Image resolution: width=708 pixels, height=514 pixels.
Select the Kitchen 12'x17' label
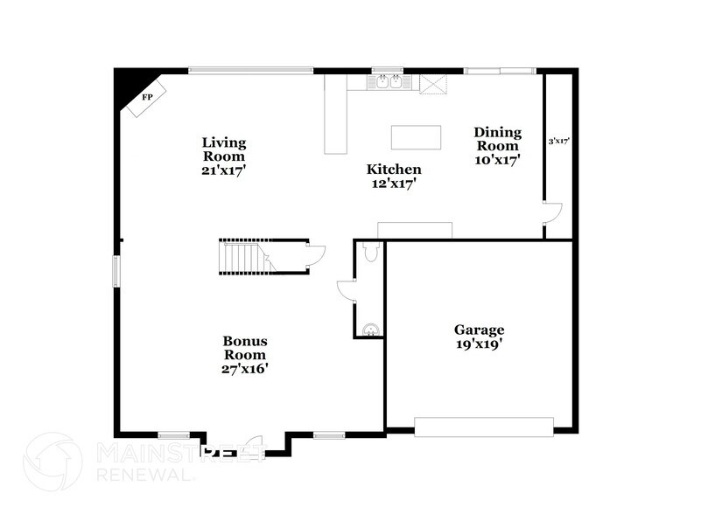click(394, 177)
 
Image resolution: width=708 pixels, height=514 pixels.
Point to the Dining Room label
click(497, 146)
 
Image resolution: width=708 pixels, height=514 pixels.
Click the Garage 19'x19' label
click(479, 337)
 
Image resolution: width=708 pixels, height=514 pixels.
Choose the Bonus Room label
click(244, 354)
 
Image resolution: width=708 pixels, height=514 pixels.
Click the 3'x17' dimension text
click(559, 140)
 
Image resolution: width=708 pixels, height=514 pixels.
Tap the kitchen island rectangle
click(417, 138)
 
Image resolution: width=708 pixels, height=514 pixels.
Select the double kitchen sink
click(388, 83)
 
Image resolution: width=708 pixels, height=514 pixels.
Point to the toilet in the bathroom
click(370, 252)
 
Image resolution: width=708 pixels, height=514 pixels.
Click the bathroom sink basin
click(371, 330)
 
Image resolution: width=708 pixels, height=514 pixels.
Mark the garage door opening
click(484, 427)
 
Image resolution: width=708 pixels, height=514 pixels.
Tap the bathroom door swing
click(345, 290)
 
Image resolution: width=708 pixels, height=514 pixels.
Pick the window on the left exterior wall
click(116, 269)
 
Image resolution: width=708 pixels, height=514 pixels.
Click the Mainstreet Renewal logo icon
click(52, 462)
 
